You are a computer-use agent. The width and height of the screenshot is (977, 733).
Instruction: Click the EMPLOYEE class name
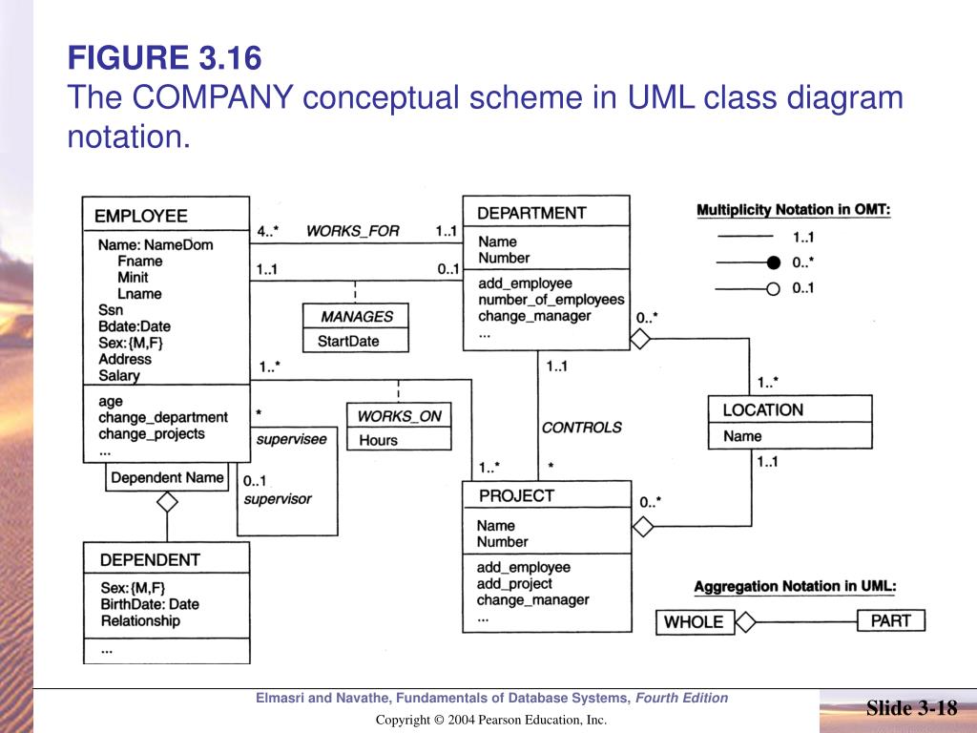click(x=141, y=217)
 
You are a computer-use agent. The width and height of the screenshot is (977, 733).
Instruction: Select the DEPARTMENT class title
click(x=531, y=213)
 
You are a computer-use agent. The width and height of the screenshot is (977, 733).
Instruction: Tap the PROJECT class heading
click(x=516, y=495)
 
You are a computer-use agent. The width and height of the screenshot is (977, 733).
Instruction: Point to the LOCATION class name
click(x=762, y=409)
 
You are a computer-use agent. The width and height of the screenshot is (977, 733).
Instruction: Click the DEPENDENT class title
click(x=150, y=559)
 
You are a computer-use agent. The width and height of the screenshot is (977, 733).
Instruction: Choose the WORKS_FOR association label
click(x=352, y=231)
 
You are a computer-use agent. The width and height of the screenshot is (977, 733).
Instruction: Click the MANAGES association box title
click(x=356, y=317)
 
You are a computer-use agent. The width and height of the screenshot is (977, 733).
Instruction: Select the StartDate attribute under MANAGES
click(x=348, y=341)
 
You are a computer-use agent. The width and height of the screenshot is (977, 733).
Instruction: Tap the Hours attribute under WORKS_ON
click(x=378, y=440)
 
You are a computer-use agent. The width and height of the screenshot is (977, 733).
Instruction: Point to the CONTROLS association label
click(x=581, y=428)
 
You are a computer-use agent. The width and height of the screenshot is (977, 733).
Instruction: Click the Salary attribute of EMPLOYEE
click(x=118, y=375)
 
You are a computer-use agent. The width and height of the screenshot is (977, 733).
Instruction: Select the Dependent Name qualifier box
click(x=167, y=477)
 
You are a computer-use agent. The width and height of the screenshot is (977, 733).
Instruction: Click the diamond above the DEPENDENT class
click(x=167, y=501)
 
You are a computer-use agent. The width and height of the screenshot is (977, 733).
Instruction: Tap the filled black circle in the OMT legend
click(x=774, y=262)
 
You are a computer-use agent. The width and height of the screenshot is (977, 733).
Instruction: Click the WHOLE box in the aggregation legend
click(x=694, y=621)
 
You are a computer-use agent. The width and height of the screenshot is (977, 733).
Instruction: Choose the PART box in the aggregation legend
click(x=890, y=620)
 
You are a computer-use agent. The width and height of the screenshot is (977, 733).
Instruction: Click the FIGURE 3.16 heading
click(x=164, y=59)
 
